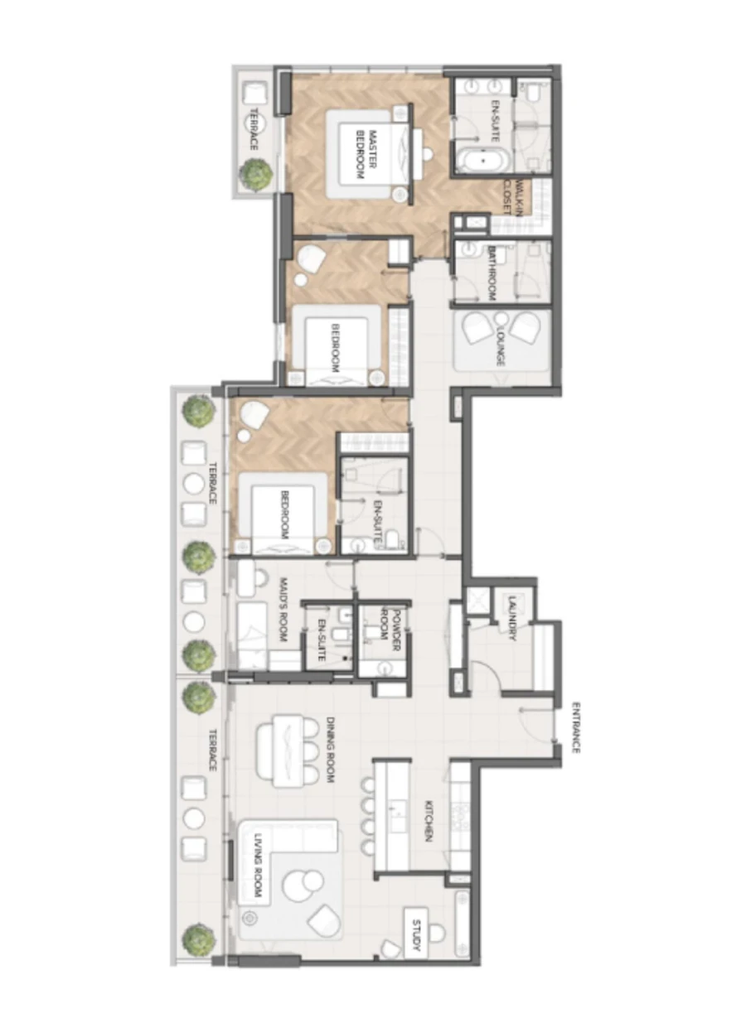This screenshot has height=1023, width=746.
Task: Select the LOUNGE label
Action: tap(500, 346)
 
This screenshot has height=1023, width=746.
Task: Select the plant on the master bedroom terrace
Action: tap(256, 174)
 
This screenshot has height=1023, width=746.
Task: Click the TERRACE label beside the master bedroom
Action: tap(254, 130)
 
